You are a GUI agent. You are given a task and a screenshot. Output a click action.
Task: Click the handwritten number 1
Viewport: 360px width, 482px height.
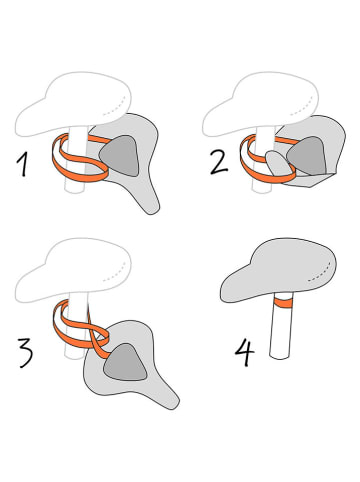23,162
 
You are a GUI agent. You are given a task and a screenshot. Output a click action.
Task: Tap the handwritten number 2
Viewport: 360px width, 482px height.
216,161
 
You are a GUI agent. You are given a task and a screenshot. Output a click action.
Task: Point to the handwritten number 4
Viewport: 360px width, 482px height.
244,352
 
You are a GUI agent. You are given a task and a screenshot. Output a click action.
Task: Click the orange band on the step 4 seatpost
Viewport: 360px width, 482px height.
282,303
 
